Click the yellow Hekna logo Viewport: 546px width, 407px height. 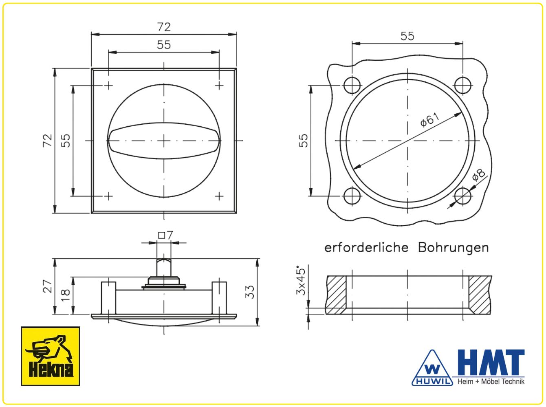tap(50, 356)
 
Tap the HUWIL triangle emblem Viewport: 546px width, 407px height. tap(432, 368)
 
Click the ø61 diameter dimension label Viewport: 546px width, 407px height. tap(429, 120)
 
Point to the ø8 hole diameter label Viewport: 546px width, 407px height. tap(479, 175)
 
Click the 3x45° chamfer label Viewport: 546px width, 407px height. tap(301, 280)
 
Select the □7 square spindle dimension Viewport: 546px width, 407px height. tap(165, 235)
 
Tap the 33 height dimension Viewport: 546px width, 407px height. tap(250, 292)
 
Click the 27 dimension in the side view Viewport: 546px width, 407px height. tap(48, 286)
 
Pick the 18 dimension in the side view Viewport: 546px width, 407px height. tap(66, 295)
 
